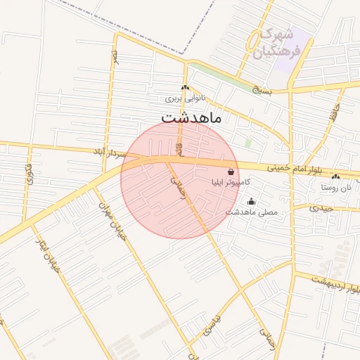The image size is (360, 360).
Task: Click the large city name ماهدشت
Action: [x=191, y=117]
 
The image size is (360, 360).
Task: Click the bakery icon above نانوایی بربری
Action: [x=185, y=88]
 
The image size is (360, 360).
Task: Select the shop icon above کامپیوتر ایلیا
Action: [x=231, y=172]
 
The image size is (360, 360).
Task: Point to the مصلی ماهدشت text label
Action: [x=251, y=212]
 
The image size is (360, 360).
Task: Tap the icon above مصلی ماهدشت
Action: [x=251, y=202]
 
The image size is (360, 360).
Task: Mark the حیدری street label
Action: [x=324, y=208]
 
